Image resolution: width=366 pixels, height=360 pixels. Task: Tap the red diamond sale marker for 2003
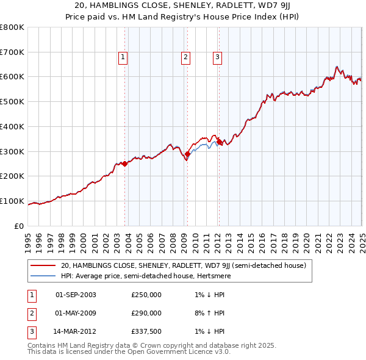coord(124,164)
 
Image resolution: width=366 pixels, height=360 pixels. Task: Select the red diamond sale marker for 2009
coord(187,154)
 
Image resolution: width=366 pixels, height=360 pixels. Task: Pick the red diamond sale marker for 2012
coord(219,142)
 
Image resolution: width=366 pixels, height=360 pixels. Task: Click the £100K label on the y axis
coord(12,201)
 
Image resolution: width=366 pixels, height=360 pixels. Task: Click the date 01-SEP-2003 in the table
coord(76,295)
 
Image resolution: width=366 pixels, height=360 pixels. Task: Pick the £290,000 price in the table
coord(146,314)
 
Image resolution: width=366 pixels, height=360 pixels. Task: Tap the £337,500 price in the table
coord(146,332)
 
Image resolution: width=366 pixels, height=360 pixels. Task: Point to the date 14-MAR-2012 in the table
coord(76,332)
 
